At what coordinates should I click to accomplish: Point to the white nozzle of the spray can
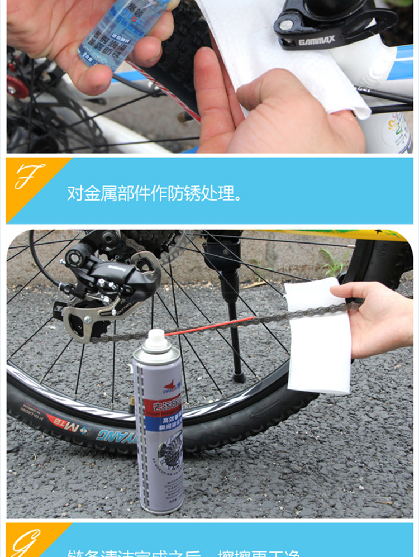[x=156, y=340]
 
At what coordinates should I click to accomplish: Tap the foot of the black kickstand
[x=239, y=377]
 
